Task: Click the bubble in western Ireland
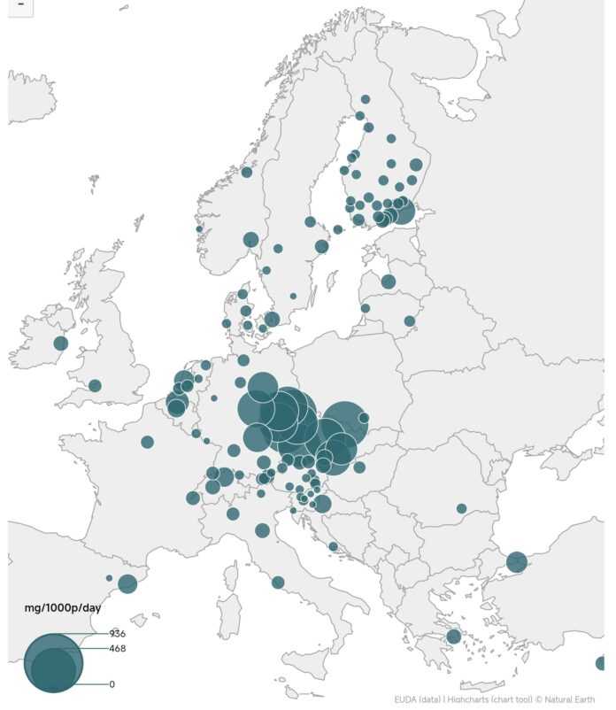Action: tap(60, 343)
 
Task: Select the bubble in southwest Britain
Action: tap(95, 385)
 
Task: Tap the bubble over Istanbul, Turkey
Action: tap(517, 561)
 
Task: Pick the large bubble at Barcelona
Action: tap(127, 583)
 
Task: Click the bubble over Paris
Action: tap(147, 442)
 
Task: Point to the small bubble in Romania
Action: tap(461, 508)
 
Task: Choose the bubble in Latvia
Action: tap(388, 282)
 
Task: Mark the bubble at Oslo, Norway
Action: tap(250, 239)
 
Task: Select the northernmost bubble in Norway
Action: tap(247, 172)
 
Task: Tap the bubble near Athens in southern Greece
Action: tap(453, 636)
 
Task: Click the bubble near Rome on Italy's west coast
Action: tap(278, 582)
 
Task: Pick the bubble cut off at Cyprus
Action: tap(601, 663)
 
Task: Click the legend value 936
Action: tap(117, 633)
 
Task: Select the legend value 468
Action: tap(117, 648)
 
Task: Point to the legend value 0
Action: tap(112, 684)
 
